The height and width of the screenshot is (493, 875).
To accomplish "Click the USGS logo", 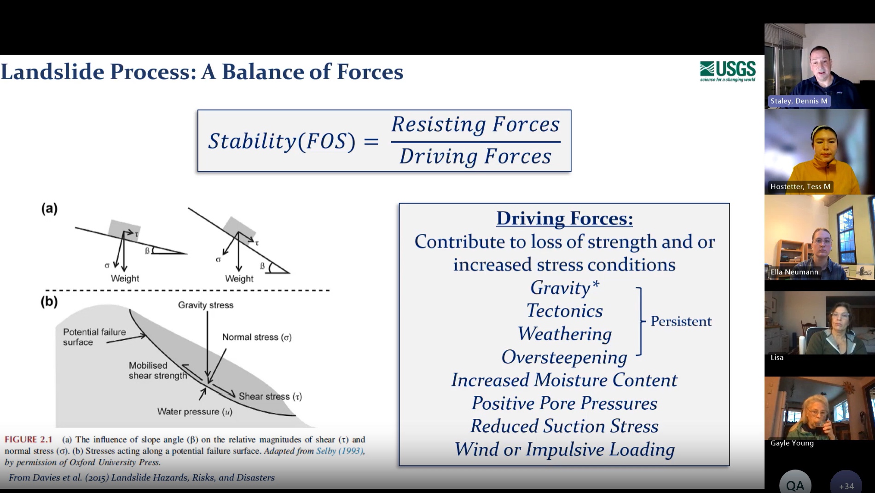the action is click(728, 71).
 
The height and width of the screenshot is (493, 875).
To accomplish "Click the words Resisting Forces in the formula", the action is click(475, 125).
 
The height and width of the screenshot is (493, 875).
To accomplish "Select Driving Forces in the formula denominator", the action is click(475, 156).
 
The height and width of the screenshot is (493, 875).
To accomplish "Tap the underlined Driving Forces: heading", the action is click(564, 218).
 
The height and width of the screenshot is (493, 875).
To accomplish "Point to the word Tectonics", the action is click(564, 311).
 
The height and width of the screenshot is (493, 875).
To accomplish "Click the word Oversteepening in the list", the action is click(564, 357).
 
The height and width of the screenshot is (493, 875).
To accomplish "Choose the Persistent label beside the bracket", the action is click(681, 321).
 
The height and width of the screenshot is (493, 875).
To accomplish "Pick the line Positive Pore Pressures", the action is click(564, 403).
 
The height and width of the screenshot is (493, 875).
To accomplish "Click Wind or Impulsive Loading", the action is click(564, 449).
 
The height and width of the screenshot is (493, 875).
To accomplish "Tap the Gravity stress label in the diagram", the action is click(206, 305).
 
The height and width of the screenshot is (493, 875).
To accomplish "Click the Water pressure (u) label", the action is click(195, 412).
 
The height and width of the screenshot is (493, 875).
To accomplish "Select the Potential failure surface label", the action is click(94, 337).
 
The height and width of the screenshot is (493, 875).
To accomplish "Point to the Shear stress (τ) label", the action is click(270, 396).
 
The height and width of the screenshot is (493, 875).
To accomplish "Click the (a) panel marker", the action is click(49, 209).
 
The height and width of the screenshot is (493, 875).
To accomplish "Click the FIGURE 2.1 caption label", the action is click(29, 440).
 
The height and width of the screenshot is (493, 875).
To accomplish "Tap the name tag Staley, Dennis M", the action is click(799, 101).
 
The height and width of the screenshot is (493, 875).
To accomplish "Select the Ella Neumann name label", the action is click(794, 272).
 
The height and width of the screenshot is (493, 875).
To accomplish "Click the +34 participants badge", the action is click(846, 484).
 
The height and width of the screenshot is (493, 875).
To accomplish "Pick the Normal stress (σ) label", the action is click(257, 337).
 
